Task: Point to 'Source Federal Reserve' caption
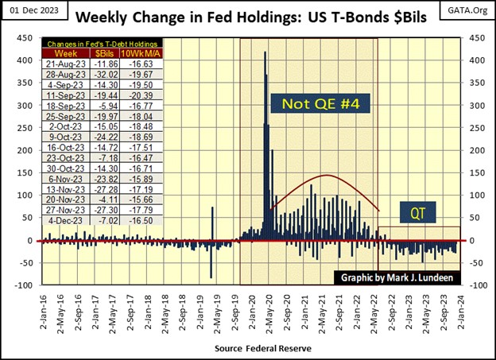tap(262, 348)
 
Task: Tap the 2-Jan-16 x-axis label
tap(43, 308)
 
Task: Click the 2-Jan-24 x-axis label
tap(459, 308)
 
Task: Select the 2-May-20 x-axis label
tap(268, 308)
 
